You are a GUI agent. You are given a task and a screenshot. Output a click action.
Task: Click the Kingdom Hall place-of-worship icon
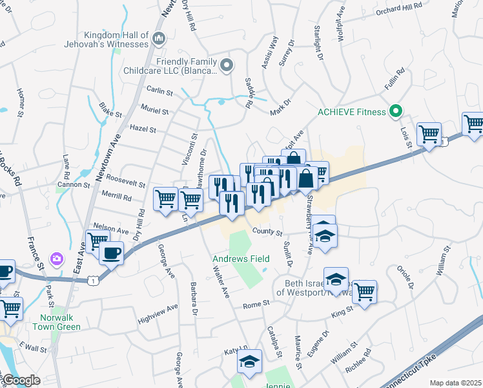coord(159,40)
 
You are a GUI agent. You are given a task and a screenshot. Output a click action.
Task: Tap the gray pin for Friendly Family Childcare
coord(226,65)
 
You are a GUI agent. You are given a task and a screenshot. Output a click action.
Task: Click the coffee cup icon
coord(111,252)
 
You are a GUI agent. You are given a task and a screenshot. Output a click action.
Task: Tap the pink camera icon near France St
coord(57,259)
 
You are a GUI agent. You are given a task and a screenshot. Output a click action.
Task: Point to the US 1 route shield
coord(95,281)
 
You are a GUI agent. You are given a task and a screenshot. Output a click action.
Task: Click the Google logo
coord(21,380)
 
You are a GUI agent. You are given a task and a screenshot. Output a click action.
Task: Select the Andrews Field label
coord(238,259)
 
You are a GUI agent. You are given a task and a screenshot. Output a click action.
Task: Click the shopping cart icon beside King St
coord(364,291)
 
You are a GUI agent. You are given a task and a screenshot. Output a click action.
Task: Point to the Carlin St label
coord(159,92)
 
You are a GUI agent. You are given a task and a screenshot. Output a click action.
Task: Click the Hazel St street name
coord(143,129)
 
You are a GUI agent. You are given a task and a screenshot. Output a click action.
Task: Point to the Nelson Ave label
coord(111,230)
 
